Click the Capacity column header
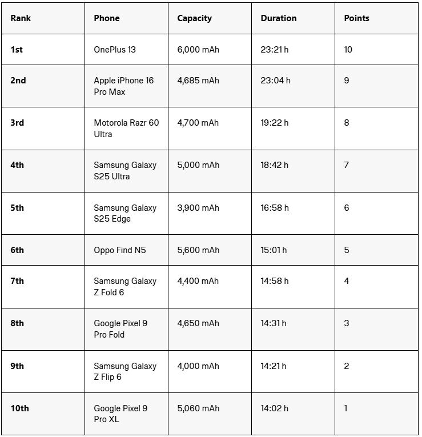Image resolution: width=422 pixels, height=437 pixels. coord(194,18)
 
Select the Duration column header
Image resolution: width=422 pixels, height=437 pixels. coord(278,18)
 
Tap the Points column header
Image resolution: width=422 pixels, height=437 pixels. coord(356,18)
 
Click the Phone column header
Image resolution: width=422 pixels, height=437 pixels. coord(107,18)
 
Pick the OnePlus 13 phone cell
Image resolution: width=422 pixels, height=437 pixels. coord(115,50)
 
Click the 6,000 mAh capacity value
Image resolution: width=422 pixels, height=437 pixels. coord(198,50)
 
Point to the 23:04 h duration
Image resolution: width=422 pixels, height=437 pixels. coord(275,81)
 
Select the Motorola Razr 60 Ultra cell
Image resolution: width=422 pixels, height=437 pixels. coord(126,129)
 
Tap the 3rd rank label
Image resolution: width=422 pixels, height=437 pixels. coord(17,123)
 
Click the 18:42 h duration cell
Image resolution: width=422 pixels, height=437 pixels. coord(275,165)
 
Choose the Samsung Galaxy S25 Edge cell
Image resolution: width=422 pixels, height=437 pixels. coord(125,213)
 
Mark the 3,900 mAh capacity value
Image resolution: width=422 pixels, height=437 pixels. coord(198,208)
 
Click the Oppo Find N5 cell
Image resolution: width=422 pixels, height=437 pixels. coord(120,250)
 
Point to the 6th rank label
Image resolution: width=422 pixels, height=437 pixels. coord(17,250)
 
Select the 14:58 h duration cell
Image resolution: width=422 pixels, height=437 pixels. coord(275,281)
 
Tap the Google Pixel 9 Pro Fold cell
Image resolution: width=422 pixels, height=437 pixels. coord(120,329)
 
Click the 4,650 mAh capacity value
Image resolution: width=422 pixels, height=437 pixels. coord(198,323)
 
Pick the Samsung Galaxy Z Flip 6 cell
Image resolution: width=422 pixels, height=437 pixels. coord(125,371)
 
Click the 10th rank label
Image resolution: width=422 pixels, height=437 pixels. coord(19,408)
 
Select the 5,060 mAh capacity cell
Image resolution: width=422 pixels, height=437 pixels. coord(198,408)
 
